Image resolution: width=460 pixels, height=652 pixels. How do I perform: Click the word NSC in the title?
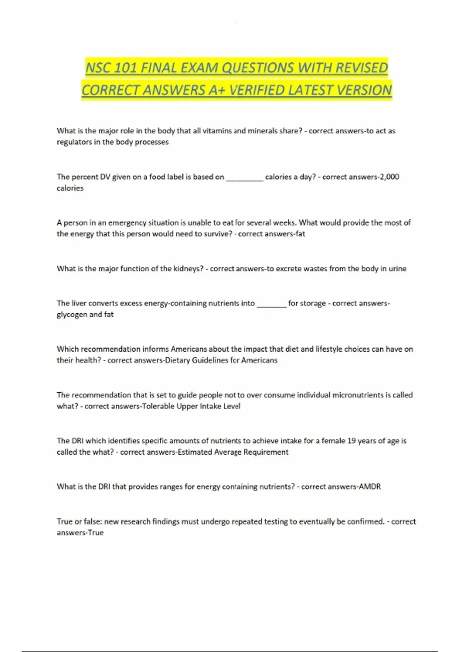coord(98,68)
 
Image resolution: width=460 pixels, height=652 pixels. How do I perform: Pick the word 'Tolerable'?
coord(158,406)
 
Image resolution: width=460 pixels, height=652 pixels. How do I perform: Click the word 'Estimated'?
coord(195,452)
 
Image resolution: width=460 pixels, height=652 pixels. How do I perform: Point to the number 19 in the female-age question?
coord(352,441)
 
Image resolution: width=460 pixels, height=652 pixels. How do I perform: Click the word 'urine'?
coord(398,268)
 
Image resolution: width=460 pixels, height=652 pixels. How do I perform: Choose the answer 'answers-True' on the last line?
coord(80,533)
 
